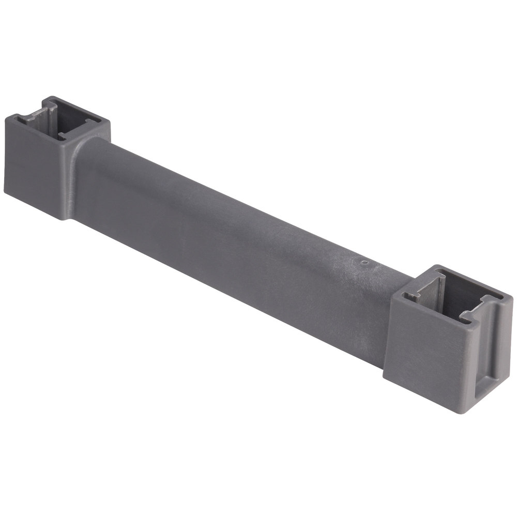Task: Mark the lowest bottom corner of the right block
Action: pos(468,413)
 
